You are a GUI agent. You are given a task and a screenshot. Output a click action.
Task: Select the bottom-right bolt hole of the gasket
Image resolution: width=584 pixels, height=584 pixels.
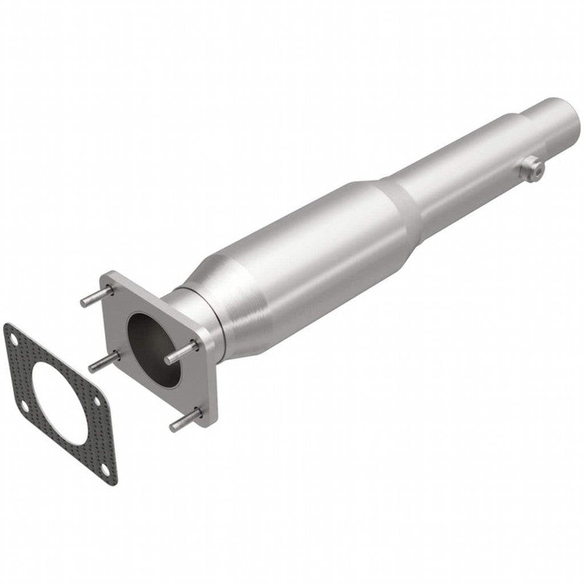[x=107, y=469]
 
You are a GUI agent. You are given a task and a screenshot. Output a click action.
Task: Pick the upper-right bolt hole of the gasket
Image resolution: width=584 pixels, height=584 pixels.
[x=97, y=401]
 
